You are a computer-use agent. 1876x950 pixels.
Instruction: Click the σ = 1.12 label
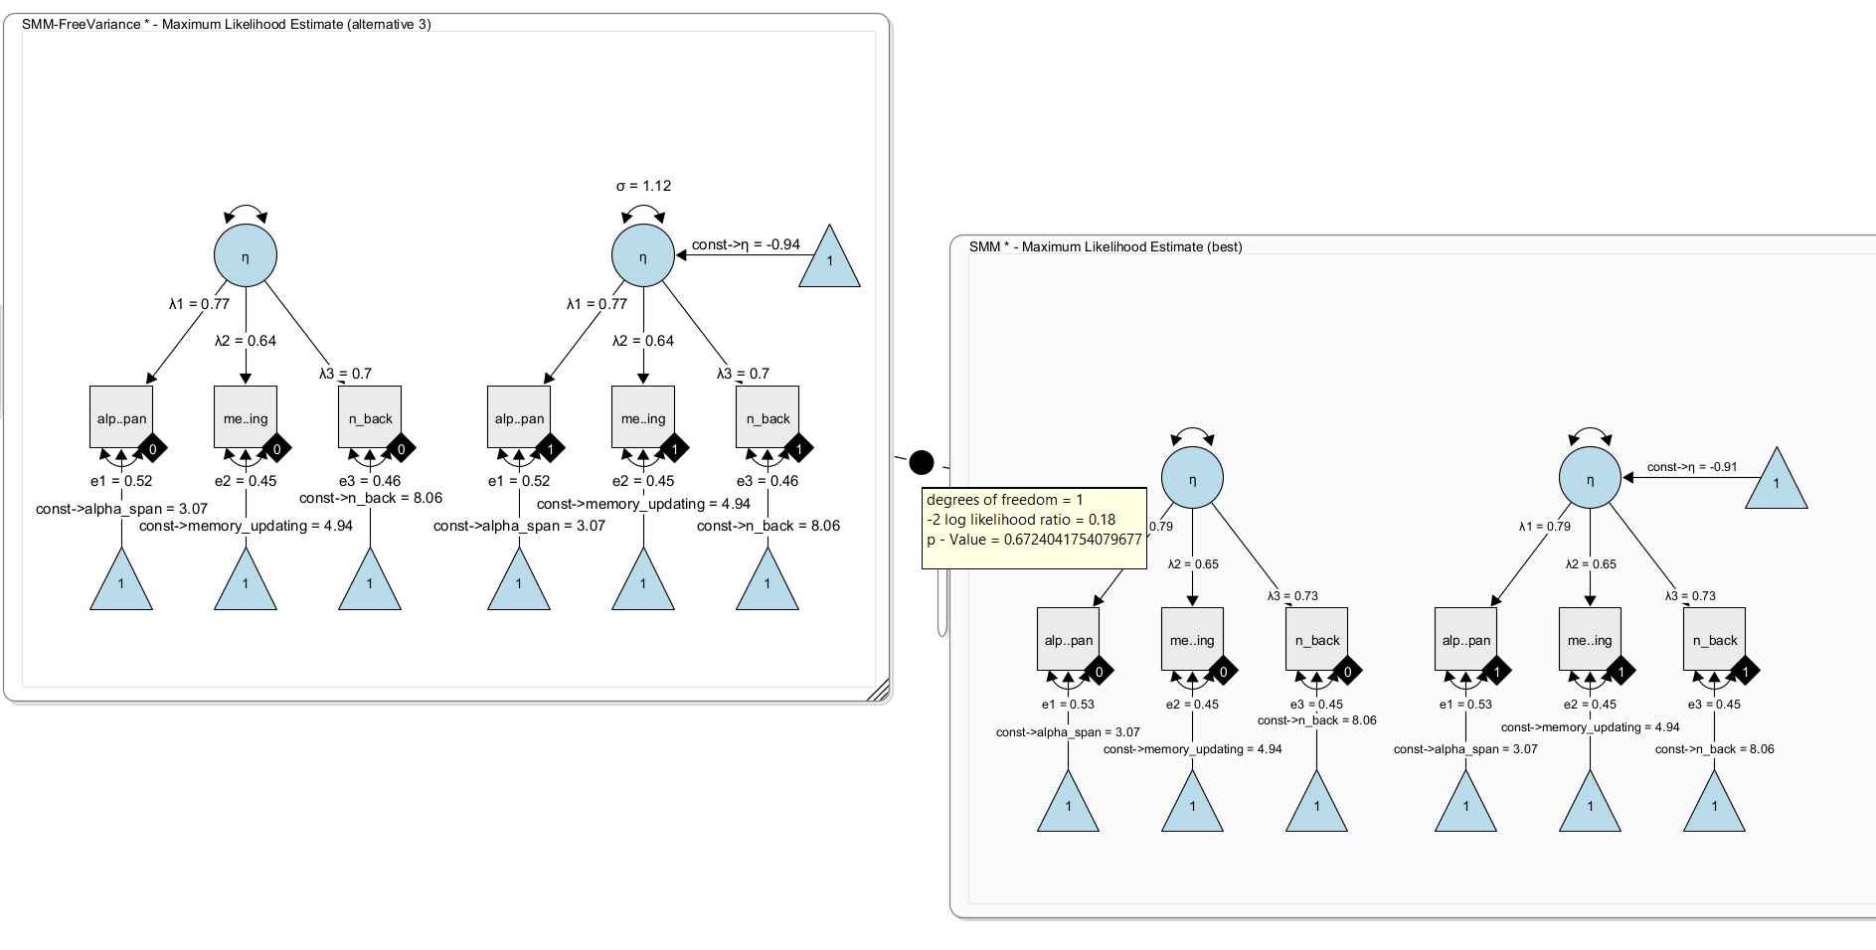point(643,186)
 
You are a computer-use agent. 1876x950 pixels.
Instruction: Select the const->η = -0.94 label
point(746,244)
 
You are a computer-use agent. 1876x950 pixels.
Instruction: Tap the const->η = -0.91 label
point(1692,467)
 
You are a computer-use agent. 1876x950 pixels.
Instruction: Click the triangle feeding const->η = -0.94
point(829,260)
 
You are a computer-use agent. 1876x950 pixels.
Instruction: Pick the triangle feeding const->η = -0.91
point(1776,483)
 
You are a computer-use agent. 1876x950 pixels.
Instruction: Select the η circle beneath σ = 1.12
point(643,255)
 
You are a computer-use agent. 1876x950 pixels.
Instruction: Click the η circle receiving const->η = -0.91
point(1590,478)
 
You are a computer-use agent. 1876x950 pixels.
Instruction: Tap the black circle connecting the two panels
point(922,462)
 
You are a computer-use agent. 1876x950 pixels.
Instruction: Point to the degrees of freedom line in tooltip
point(1004,500)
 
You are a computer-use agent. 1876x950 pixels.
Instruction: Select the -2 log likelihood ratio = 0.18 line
point(1021,520)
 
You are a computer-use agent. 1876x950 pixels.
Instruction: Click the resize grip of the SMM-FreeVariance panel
point(879,691)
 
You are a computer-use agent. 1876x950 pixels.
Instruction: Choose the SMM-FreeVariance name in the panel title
point(80,24)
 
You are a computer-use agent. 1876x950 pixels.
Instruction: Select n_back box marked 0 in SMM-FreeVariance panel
point(369,417)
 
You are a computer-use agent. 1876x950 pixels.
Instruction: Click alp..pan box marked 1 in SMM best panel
point(1465,639)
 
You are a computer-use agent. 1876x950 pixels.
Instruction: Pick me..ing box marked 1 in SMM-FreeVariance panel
point(642,417)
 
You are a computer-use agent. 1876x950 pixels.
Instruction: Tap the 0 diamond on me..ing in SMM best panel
point(1223,672)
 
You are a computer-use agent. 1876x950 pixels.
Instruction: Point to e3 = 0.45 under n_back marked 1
point(1714,705)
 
